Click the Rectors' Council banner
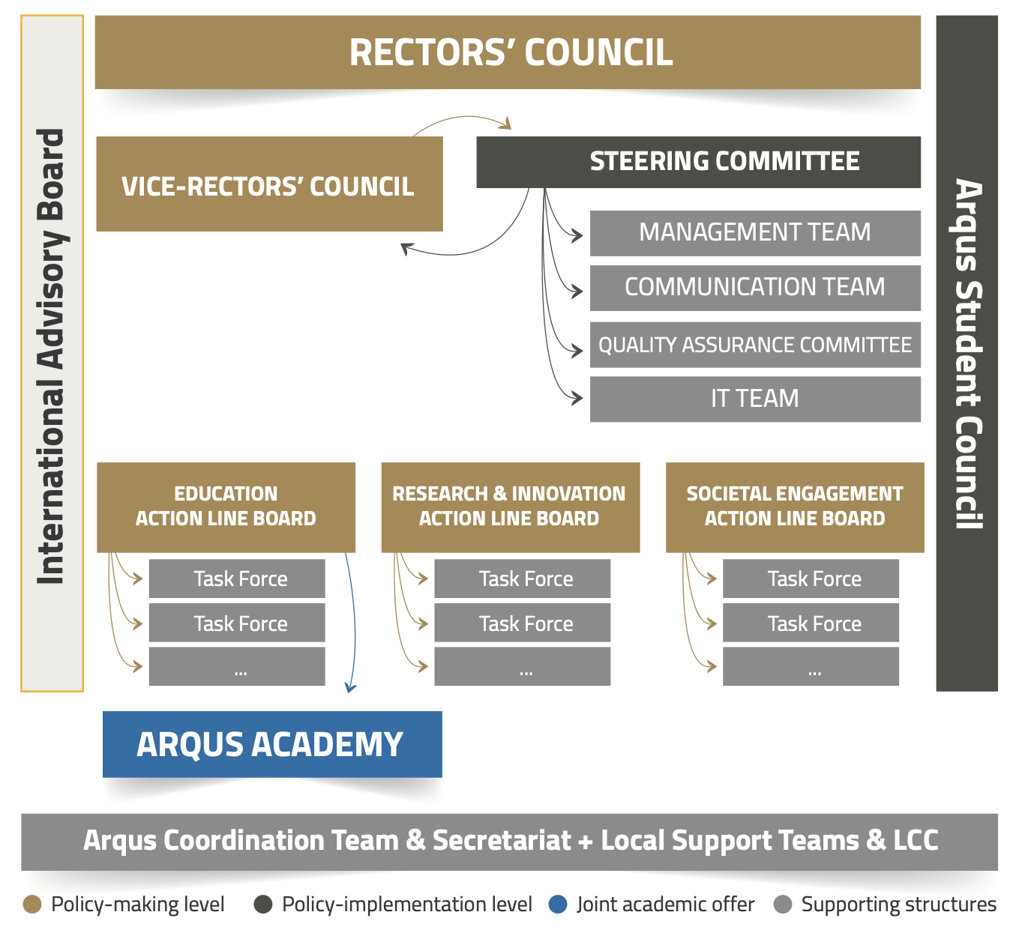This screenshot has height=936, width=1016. coord(508,52)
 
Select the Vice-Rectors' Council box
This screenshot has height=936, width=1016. coord(269,184)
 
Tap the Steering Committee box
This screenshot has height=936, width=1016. coord(698,162)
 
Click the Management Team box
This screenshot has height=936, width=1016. coord(754,233)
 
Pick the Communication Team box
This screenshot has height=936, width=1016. coord(754,288)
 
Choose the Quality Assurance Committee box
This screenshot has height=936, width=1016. coord(754,345)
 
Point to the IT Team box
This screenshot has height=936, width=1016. coord(754,399)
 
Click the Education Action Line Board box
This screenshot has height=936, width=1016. coord(226,507)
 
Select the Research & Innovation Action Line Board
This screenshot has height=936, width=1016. coord(510,507)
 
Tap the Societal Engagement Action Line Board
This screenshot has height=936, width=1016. coord(795,507)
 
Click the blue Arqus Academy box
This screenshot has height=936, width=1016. coord(272,744)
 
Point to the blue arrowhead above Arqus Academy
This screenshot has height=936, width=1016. coord(350,687)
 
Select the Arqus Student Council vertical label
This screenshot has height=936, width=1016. coord(967,354)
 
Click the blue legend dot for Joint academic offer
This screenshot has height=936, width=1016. coord(558,905)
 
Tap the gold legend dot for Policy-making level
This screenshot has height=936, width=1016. coord(32,905)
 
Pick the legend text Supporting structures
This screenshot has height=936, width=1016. coord(898,905)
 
